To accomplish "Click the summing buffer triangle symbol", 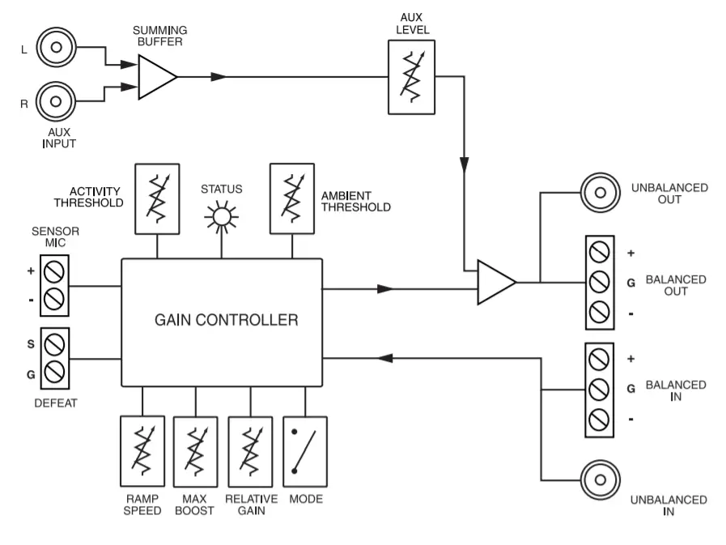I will pos(155,78).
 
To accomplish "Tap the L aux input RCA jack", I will pos(56,48).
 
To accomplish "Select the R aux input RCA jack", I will pos(56,102).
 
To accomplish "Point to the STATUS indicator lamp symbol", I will pos(221,217).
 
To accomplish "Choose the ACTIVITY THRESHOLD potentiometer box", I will pos(157,198).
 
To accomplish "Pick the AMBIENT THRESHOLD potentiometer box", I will pos(291,198).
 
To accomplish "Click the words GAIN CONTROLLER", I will pos(226,320).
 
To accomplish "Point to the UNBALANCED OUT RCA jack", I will pos(600,193).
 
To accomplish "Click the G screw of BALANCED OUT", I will pos(600,282).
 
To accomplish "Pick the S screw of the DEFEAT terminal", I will pos(55,345).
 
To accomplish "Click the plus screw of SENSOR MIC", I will pos(55,271).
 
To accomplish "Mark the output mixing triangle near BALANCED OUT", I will pos(494,282).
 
